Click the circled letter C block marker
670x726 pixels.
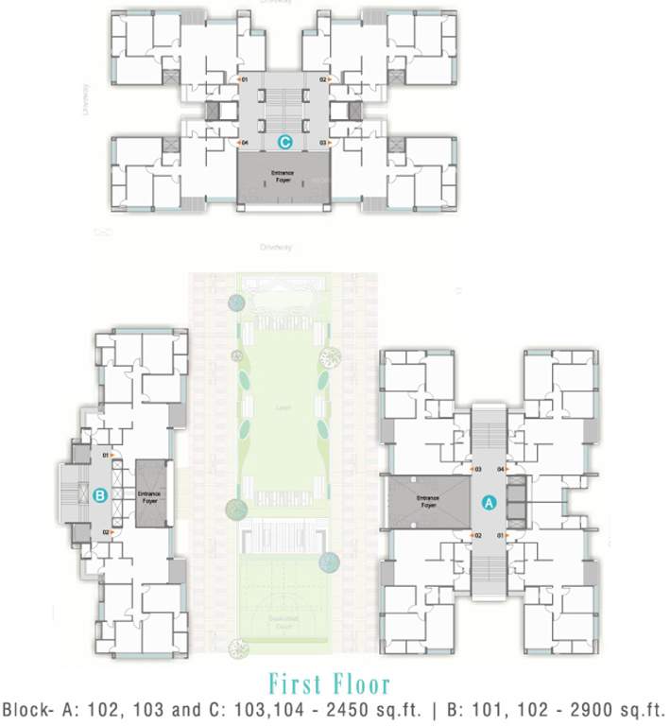coord(284,142)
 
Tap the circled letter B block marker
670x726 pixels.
coord(99,493)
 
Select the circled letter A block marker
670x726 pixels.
coord(489,503)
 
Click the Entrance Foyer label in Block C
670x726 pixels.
coord(283,177)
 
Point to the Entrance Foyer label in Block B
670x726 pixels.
coord(149,495)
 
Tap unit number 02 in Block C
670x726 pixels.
coord(322,80)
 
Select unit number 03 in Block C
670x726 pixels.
coord(322,143)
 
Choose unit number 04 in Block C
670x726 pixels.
coord(244,143)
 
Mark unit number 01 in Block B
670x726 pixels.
coord(107,455)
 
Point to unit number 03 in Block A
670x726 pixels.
coord(478,469)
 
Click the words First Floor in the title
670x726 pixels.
coord(328,684)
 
